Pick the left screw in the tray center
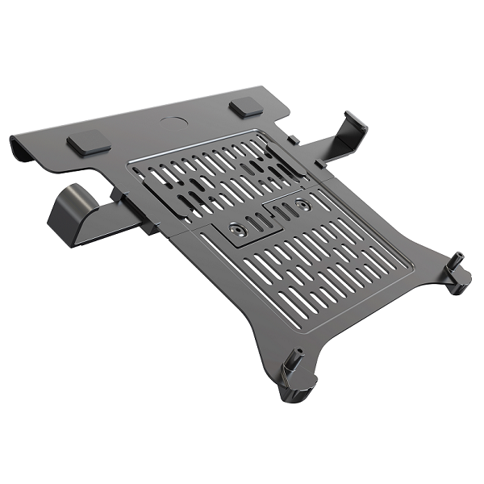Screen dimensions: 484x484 (x=236, y=230)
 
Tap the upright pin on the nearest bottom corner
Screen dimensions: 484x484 (x=295, y=358)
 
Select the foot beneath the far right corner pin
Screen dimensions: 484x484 (x=462, y=282)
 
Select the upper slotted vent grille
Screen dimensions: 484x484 (x=206, y=173)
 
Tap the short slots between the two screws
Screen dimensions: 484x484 (x=271, y=215)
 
